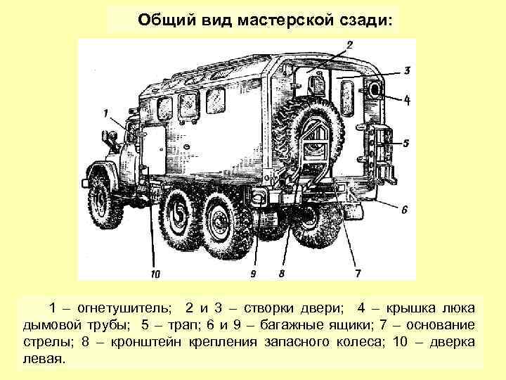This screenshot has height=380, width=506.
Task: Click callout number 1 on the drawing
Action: tap(105, 112)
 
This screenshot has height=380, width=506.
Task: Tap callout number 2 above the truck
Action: tap(349, 46)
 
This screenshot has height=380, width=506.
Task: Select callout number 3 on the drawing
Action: tap(407, 70)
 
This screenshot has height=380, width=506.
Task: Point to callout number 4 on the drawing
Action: tap(407, 101)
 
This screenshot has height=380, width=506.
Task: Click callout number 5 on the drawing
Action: tap(407, 143)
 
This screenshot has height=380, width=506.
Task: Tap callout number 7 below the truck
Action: tap(358, 272)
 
